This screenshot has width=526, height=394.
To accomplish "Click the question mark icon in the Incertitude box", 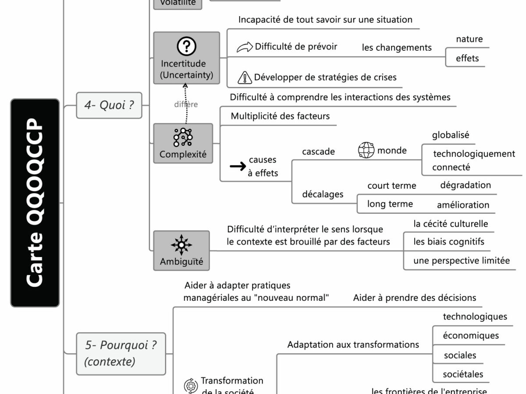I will (x=186, y=46).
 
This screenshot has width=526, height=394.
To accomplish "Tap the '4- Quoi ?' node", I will (x=109, y=105).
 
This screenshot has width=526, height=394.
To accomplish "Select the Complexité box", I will (x=183, y=143).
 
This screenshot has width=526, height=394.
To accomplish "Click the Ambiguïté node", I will (x=181, y=250).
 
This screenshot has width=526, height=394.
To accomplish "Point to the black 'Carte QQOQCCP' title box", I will (x=35, y=202).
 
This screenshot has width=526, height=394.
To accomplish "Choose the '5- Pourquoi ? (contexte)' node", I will (x=121, y=353).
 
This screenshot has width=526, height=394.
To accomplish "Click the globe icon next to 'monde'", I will (x=366, y=150).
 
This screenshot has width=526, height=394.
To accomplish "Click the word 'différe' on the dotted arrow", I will (x=186, y=104).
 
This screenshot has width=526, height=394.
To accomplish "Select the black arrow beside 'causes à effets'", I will (x=238, y=166).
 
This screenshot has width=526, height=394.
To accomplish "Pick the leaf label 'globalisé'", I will (x=450, y=135).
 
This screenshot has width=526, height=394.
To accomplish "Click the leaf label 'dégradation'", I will (x=465, y=185).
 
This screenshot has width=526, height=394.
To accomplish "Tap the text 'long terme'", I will (x=390, y=204).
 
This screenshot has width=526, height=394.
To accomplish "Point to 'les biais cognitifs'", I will (x=448, y=242).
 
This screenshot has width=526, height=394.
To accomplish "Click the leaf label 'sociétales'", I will (x=463, y=374).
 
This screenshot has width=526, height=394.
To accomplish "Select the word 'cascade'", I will (x=318, y=151).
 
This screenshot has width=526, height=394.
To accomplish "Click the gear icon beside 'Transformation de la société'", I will (x=190, y=385).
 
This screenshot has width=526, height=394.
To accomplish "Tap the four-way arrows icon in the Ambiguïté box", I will (x=181, y=245).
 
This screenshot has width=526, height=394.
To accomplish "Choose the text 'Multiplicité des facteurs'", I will (x=280, y=116).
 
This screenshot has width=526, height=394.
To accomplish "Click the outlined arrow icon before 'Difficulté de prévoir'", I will (x=245, y=47).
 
